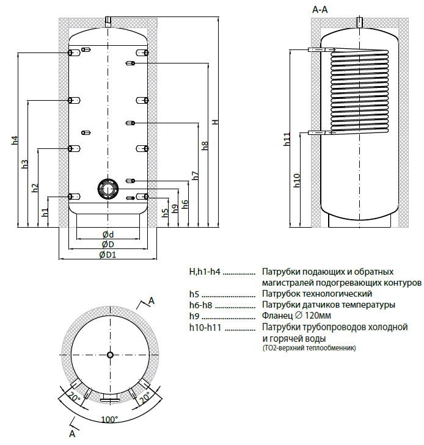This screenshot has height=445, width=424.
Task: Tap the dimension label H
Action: pos(214,122)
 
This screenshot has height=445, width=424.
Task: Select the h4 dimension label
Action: pos(15,140)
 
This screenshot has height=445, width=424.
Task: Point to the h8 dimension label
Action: pos(205,146)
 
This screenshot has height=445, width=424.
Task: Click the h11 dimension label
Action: pos(287,139)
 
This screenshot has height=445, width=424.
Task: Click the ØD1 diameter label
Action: pos(108,255)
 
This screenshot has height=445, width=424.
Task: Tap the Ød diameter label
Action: pos(108,234)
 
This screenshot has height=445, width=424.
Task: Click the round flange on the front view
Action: pos(108,189)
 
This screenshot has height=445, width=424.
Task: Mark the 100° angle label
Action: pos(109,420)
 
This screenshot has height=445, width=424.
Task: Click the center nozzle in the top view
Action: pos(109,355)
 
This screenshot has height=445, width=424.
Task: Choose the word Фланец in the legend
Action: pos(277,316)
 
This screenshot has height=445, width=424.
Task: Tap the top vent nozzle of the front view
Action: pos(108,22)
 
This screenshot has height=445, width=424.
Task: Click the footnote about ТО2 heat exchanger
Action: pos(309,347)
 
